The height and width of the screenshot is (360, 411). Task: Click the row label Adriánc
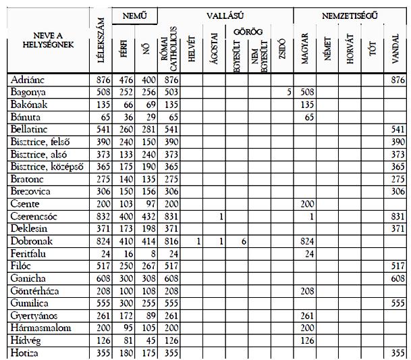tap(29, 80)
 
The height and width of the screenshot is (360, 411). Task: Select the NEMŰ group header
tap(134, 14)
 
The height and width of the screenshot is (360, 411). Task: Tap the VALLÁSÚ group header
tap(225, 14)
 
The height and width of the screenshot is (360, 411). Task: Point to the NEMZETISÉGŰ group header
tap(349, 14)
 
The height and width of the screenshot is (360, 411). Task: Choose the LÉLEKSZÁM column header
tap(100, 41)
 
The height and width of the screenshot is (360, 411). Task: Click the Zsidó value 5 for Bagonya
tap(288, 93)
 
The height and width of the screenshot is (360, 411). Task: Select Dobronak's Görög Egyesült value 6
tap(244, 241)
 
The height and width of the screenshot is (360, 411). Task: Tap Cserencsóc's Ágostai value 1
tap(221, 216)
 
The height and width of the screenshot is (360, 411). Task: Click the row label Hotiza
tap(25, 353)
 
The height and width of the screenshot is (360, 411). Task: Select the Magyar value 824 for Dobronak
tap(307, 241)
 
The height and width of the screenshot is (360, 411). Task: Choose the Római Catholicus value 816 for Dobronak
tap(167, 241)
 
